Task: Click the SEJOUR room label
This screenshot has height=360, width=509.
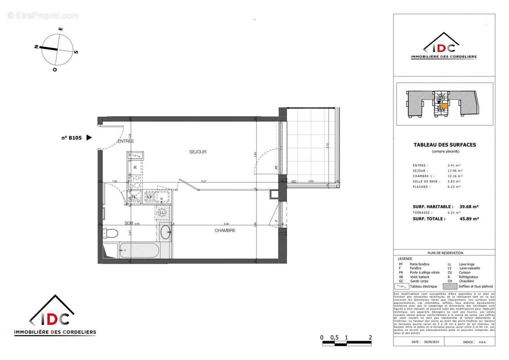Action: click(198, 152)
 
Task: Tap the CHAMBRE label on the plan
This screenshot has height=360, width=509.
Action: click(225, 230)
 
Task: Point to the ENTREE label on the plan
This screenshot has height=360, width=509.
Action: click(126, 141)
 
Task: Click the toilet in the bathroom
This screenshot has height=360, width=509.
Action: click(110, 233)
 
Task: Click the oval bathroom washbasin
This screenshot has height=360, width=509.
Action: click(165, 233)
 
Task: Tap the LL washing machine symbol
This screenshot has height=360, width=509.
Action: click(162, 213)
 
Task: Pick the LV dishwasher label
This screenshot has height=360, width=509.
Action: click(149, 197)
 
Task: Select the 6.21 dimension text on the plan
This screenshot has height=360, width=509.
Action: click(204, 181)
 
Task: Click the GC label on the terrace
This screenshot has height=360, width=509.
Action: click(294, 181)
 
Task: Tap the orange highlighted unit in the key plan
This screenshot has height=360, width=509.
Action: click(444, 106)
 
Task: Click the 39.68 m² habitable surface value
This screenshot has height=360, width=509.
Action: click(468, 207)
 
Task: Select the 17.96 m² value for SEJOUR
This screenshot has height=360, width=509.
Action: click(453, 171)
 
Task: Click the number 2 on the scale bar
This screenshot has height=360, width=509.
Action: click(370, 337)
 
